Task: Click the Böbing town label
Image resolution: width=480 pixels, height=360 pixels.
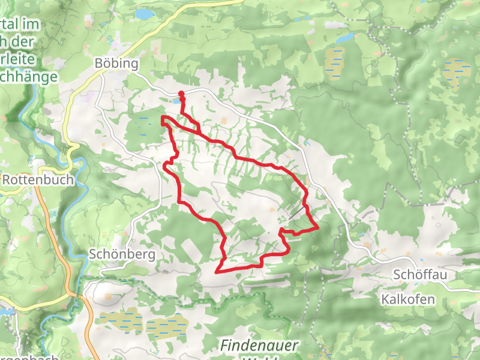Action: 116,64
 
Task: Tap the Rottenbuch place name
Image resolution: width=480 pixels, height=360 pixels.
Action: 38,179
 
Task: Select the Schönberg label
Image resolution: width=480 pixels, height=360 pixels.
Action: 121,254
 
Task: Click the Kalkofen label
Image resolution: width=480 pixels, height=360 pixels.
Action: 407,298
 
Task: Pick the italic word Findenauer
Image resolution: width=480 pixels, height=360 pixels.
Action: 257,346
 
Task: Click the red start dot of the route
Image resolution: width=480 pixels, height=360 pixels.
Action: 181,93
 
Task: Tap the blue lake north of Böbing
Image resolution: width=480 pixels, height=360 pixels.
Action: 144,13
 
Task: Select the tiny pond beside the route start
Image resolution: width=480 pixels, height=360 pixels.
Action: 176,101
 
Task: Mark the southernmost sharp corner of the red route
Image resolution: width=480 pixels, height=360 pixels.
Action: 217,271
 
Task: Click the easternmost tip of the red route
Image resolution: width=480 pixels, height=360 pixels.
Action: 317,227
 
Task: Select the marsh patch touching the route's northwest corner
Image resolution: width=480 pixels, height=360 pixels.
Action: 143,123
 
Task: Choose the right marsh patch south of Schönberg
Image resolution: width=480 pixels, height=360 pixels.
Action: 167,326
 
